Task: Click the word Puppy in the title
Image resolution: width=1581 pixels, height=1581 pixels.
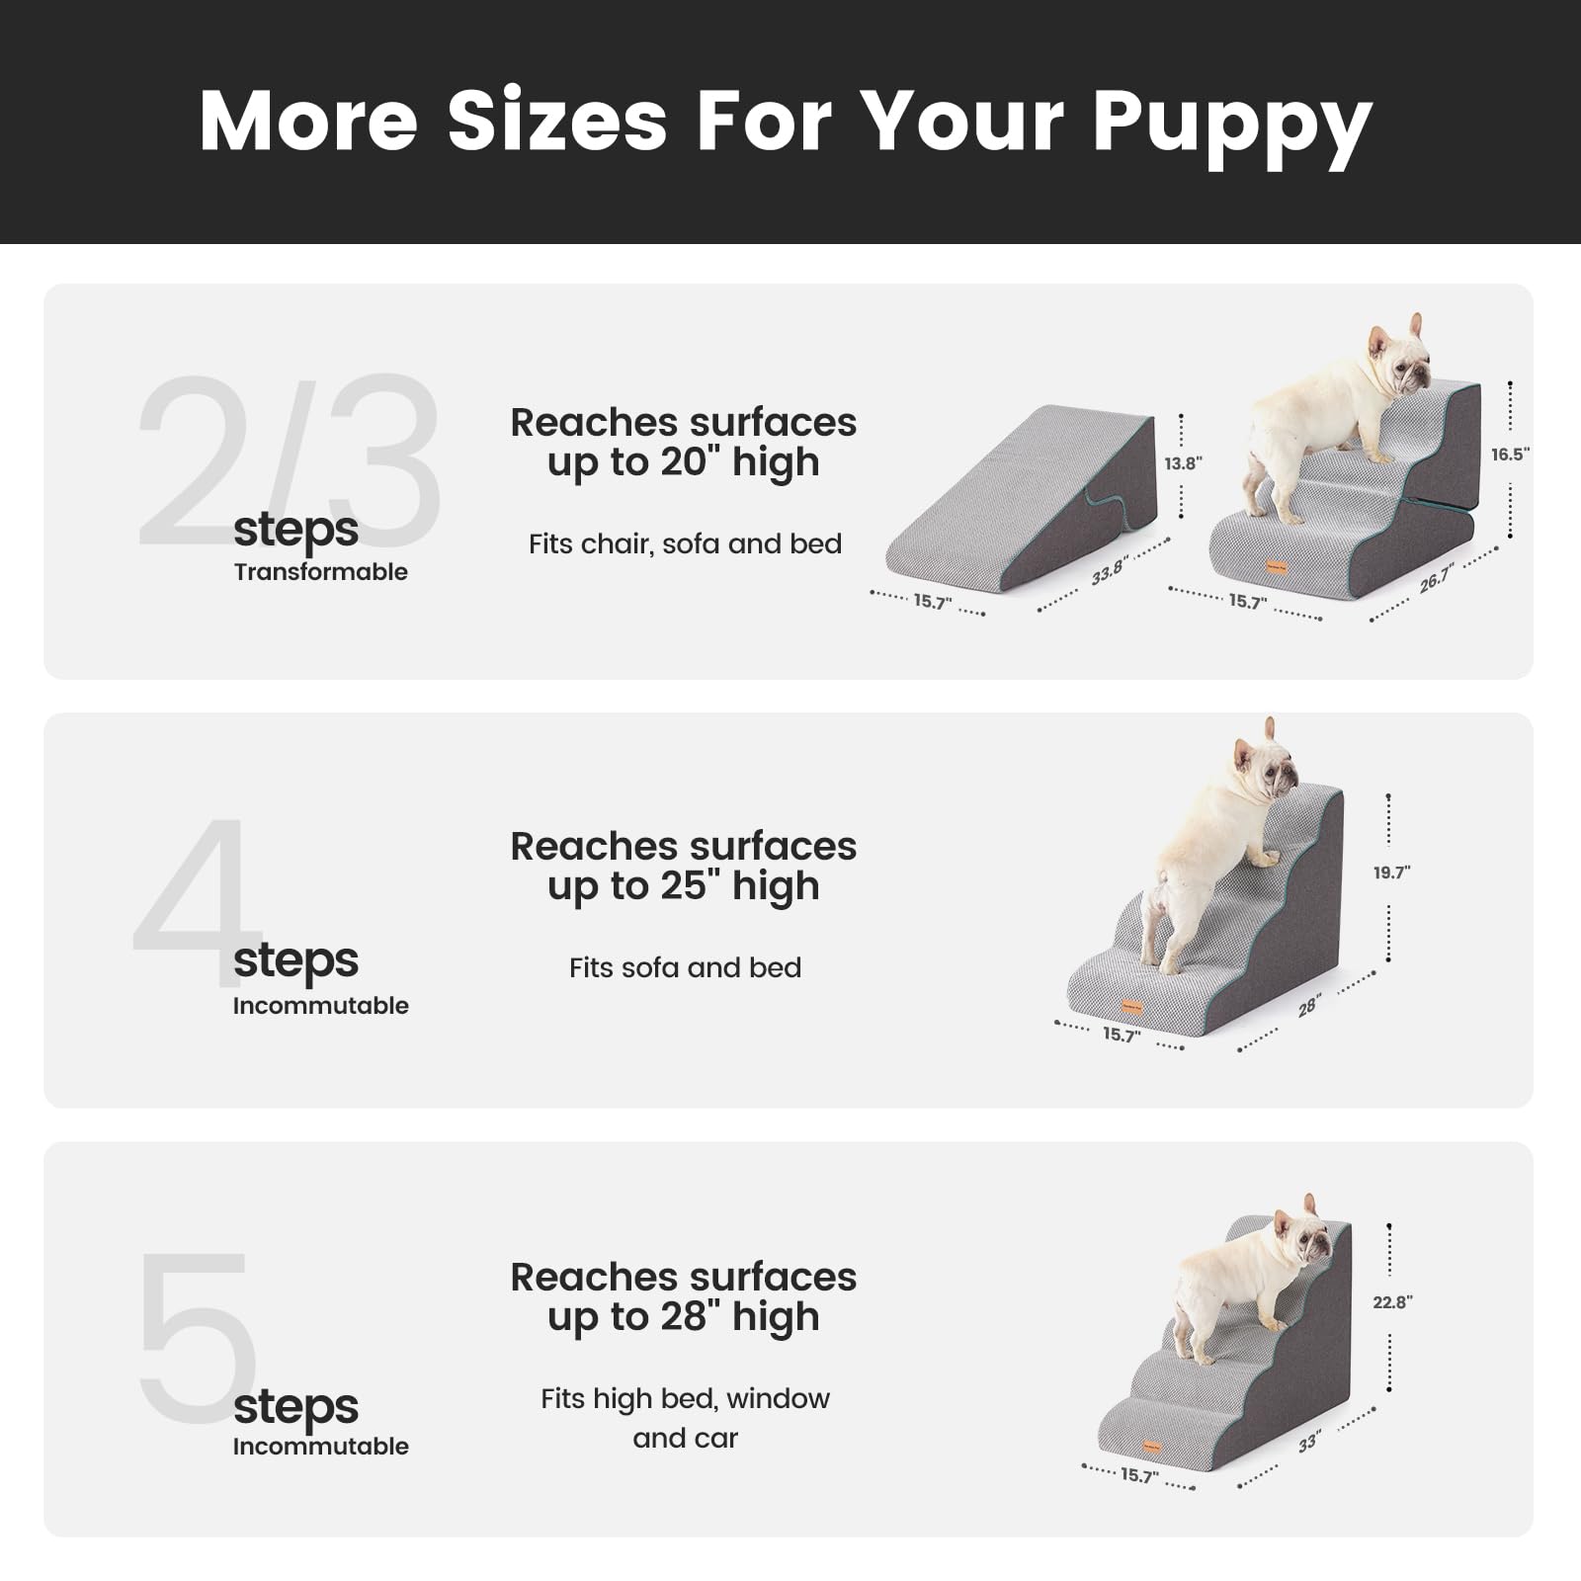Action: coord(1231,124)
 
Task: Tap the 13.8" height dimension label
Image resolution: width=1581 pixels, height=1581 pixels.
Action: coord(1183,463)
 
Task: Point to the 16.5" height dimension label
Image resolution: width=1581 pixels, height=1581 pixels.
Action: coord(1510,454)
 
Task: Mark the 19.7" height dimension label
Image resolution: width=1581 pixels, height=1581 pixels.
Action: coord(1391,872)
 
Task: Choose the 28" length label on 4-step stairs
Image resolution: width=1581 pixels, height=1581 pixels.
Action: coord(1309,1006)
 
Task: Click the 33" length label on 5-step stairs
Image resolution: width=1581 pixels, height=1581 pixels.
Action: coord(1308,1443)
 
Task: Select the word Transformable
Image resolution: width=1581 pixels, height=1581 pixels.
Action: coord(320,571)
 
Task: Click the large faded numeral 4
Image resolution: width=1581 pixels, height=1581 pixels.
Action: coord(193,889)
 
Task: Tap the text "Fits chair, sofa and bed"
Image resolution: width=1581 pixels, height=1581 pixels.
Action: coord(685,543)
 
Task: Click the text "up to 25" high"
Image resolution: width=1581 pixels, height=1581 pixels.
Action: coord(683,885)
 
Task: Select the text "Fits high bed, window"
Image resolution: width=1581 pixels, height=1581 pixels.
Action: coord(685,1398)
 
